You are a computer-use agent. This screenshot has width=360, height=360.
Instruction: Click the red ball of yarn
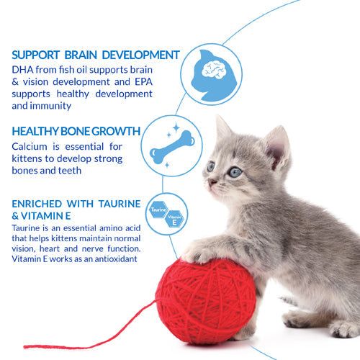coord(205,299)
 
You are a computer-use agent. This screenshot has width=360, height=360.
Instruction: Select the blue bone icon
coord(169,150)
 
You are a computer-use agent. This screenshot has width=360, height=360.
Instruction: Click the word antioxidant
coord(109,258)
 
